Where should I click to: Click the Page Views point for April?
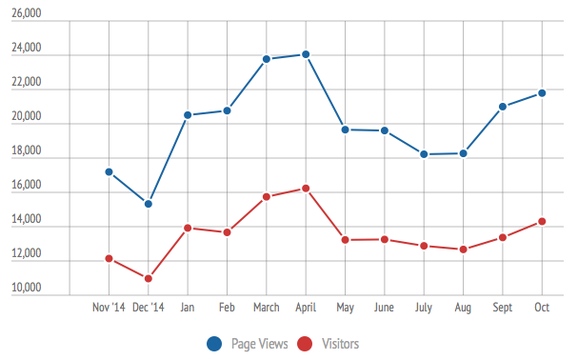tap(306, 54)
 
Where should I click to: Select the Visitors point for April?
tap(306, 189)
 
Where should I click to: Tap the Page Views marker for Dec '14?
tap(149, 204)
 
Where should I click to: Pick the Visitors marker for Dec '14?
tap(149, 279)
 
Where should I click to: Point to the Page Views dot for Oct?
tap(542, 92)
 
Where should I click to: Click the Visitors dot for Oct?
tap(542, 222)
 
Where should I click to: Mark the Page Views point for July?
tap(424, 154)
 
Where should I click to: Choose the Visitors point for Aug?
tap(463, 250)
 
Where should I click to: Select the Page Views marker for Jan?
tap(188, 115)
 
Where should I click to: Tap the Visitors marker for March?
tap(267, 197)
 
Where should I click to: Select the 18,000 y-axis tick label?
tap(26, 151)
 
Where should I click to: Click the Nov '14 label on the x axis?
tap(109, 308)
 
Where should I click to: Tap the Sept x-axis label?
tap(502, 308)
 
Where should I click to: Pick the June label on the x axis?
tap(384, 308)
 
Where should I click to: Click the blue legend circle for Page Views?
tap(215, 343)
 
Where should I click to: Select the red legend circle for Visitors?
tap(306, 343)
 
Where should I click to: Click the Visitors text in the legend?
tap(340, 344)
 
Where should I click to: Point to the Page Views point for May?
tap(345, 130)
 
